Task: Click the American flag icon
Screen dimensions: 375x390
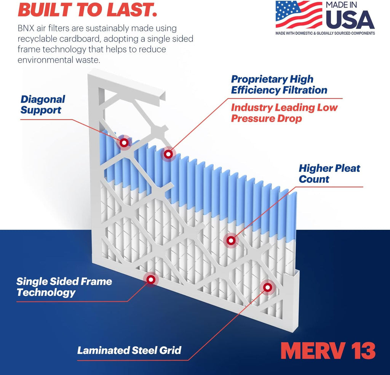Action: pyautogui.click(x=299, y=15)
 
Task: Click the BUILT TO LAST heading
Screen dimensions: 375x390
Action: pyautogui.click(x=88, y=10)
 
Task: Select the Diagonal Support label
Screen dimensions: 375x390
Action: pyautogui.click(x=43, y=105)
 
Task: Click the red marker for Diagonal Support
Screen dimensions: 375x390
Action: pyautogui.click(x=124, y=143)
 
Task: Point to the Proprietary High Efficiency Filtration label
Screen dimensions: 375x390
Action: pyautogui.click(x=279, y=85)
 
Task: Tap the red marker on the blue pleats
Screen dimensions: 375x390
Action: pyautogui.click(x=168, y=154)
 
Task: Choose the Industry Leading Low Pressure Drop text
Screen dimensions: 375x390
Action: pyautogui.click(x=284, y=113)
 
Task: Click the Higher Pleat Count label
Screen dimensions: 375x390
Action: pyautogui.click(x=329, y=174)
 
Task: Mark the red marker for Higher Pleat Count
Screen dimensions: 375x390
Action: pyautogui.click(x=230, y=240)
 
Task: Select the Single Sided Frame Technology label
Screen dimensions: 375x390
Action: pyautogui.click(x=64, y=287)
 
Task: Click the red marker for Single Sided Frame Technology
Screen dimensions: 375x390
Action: pyautogui.click(x=151, y=279)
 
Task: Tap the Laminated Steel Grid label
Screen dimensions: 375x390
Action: pyautogui.click(x=129, y=350)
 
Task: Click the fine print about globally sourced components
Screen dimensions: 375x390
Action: pyautogui.click(x=325, y=34)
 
